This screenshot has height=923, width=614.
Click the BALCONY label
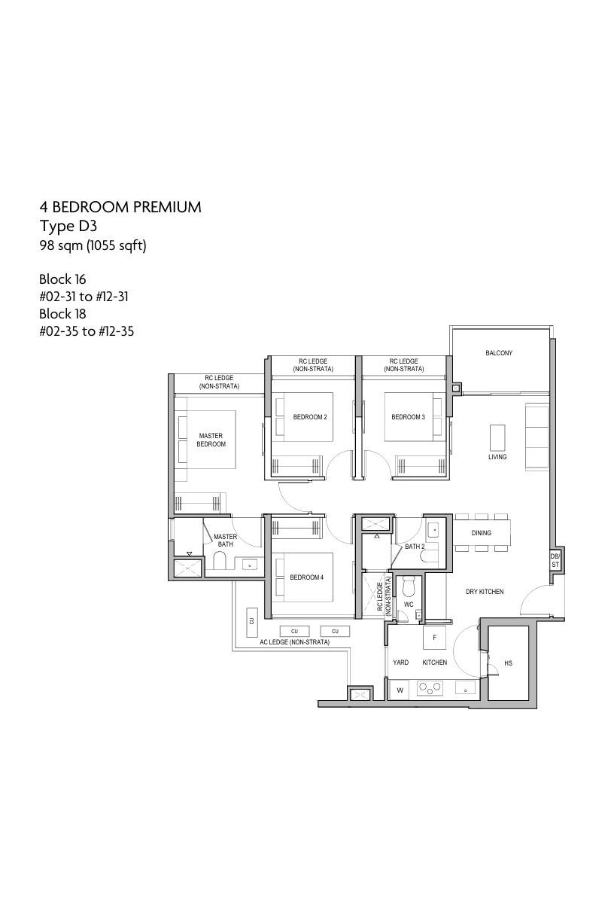tap(499, 353)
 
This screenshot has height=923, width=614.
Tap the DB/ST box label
tap(555, 560)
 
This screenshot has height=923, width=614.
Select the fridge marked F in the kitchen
tap(434, 638)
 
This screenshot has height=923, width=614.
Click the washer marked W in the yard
tap(400, 690)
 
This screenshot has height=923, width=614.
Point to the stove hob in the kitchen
tap(430, 688)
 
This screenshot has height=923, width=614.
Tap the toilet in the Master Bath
tap(219, 560)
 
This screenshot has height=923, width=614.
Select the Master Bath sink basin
tap(250, 564)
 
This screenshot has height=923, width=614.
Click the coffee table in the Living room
tap(497, 437)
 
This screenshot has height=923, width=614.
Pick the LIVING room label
tap(497, 456)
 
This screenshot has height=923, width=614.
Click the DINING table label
tap(482, 533)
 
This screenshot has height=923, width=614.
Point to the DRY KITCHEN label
tap(485, 591)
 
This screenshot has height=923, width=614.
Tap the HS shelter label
tap(508, 663)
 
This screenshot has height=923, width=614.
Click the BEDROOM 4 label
tap(307, 577)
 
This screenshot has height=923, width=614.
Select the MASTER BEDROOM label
tap(211, 440)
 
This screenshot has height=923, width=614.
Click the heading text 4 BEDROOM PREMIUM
tap(120, 207)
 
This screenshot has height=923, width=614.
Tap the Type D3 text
tap(68, 226)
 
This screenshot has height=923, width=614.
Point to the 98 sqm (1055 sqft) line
tap(93, 246)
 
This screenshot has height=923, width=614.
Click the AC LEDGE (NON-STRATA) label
tap(294, 642)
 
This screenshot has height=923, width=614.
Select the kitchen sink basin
tap(465, 687)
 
